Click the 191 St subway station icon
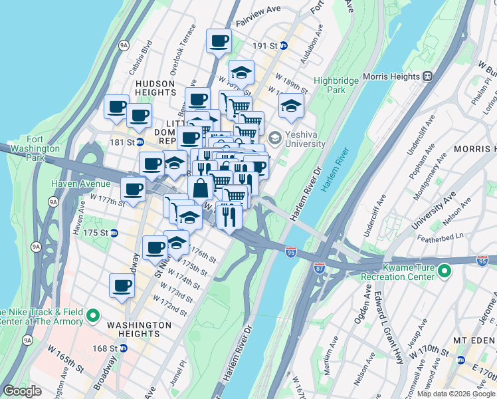(x=284, y=46)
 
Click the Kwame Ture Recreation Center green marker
(x=444, y=271)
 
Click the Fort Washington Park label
(x=45, y=150)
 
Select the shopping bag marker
(x=200, y=188)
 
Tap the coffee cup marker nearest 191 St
(x=219, y=42)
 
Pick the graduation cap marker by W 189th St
(x=291, y=106)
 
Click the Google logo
(x=23, y=391)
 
